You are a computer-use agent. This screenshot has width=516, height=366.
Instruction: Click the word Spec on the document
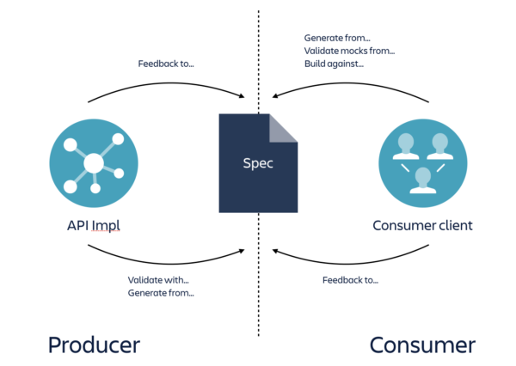[258, 162]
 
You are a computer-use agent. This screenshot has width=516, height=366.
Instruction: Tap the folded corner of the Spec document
[283, 128]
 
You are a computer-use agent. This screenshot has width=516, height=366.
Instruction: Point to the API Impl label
[93, 226]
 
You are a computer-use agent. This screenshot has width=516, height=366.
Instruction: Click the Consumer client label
[422, 226]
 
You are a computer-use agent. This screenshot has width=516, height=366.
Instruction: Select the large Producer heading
[94, 345]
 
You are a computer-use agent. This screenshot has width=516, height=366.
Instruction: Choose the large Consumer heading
[422, 345]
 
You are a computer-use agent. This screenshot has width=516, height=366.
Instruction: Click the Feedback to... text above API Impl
[166, 64]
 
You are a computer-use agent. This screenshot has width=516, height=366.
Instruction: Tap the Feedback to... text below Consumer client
[350, 280]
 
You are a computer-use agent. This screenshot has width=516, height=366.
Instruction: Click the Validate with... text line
[158, 280]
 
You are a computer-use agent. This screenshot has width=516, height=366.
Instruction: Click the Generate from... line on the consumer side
[336, 38]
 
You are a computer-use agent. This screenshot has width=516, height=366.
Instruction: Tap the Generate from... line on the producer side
[161, 293]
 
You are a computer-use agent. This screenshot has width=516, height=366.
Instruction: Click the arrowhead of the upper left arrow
[243, 94]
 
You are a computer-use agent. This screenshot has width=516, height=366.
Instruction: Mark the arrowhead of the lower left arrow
[243, 250]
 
